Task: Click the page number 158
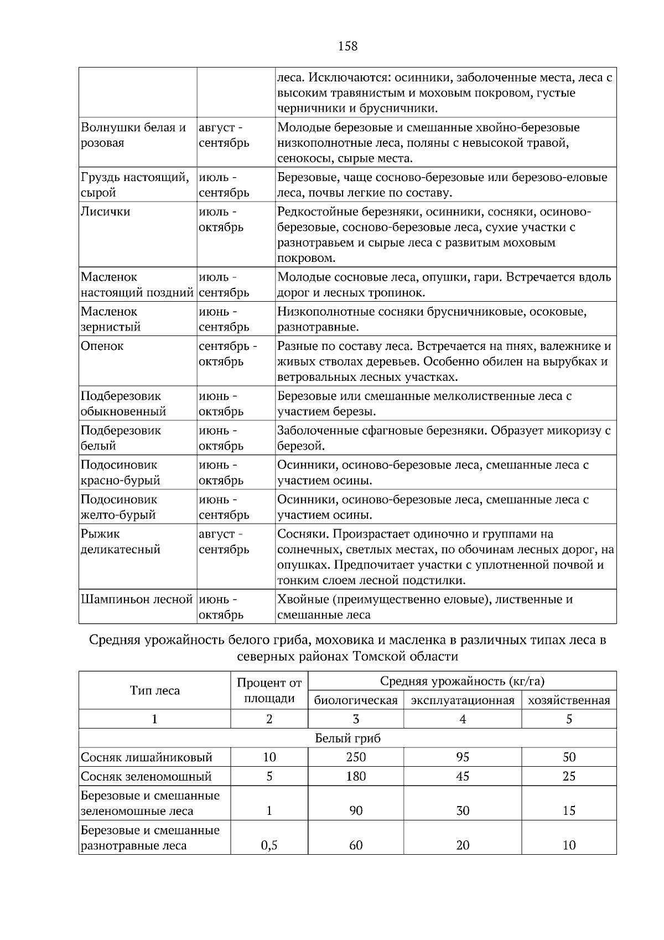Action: [347, 46]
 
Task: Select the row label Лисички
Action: [106, 212]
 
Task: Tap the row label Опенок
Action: [102, 347]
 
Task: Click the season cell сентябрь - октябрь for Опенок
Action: [227, 354]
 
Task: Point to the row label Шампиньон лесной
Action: [137, 600]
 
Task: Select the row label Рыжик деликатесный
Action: [121, 542]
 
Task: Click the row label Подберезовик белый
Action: [121, 438]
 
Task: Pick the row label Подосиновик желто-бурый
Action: [118, 507]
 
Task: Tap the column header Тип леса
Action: [154, 690]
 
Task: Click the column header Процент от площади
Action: [269, 690]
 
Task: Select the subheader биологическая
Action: [356, 700]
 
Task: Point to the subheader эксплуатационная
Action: [463, 700]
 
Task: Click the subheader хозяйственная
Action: [569, 700]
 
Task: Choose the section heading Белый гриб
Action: [347, 738]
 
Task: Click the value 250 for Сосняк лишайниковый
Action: [356, 757]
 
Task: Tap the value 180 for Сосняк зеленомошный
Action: [356, 776]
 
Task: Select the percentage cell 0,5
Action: [269, 845]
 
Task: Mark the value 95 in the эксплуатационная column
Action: [463, 757]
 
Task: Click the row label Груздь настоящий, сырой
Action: [134, 185]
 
